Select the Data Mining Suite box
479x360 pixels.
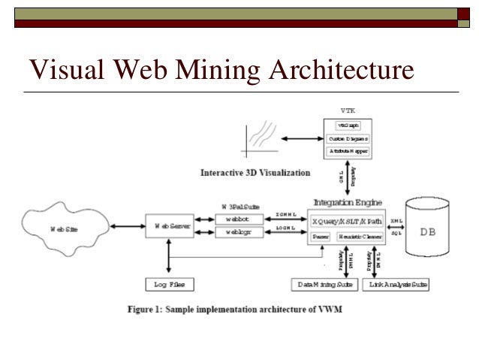(324, 285)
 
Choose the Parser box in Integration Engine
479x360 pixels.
(320, 236)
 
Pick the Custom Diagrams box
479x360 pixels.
(348, 139)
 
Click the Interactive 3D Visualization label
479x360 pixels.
(255, 172)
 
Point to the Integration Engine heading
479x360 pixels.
(348, 202)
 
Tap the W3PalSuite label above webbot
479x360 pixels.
(239, 205)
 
